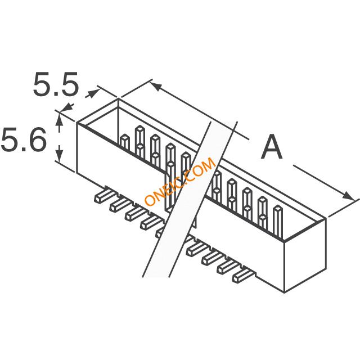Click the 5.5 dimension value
click(x=56, y=84)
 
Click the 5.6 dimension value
click(x=24, y=139)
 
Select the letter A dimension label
click(x=272, y=147)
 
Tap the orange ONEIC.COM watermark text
click(x=180, y=181)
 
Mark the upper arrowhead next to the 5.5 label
click(x=94, y=94)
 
